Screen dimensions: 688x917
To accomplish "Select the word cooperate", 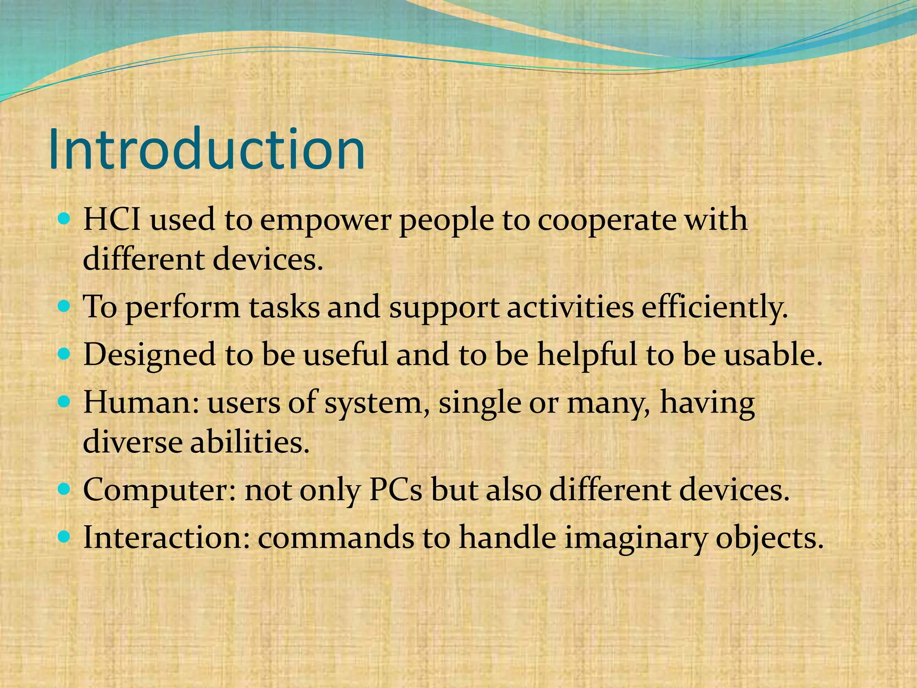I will point(607,221).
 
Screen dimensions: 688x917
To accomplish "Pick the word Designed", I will point(149,355).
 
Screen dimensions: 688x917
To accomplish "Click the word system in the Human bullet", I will point(373,403).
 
